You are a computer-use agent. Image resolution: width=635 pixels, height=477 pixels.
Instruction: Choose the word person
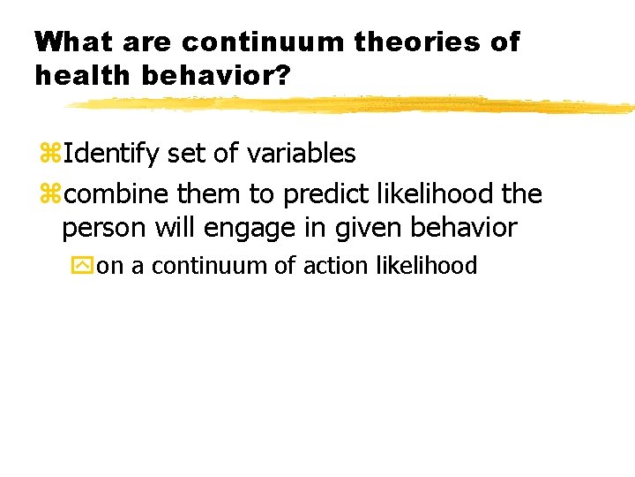point(105,227)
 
